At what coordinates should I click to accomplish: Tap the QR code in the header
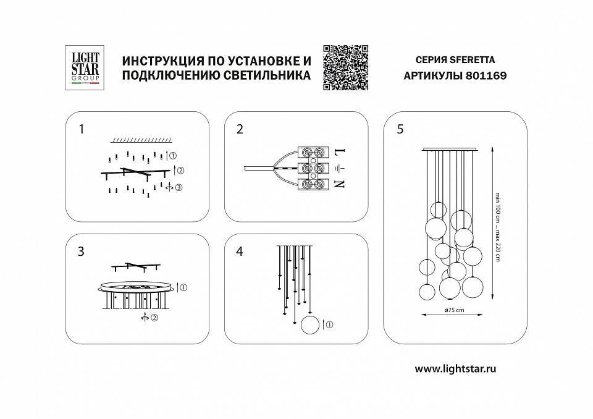(345, 67)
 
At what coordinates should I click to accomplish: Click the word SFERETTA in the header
(471, 61)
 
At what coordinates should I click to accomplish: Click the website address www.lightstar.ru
(456, 369)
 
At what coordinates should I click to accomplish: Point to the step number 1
(81, 129)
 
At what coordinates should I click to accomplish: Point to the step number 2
(240, 129)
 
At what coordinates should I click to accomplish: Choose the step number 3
(81, 252)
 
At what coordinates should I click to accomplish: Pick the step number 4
(240, 252)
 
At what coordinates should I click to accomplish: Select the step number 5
(400, 129)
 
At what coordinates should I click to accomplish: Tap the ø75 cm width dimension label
(454, 311)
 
